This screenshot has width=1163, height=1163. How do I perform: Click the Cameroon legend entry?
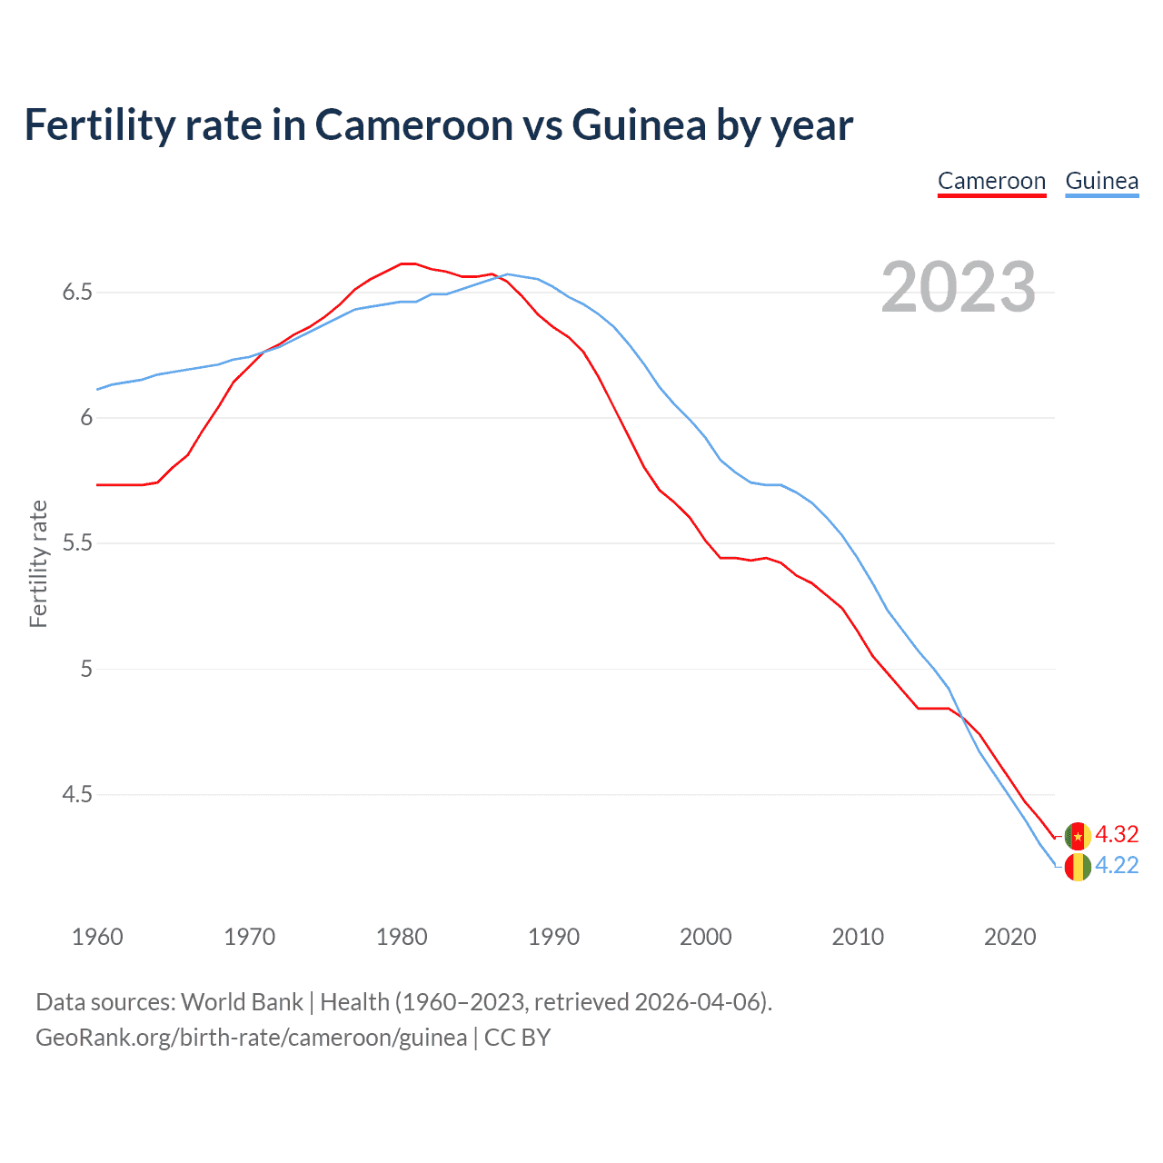[x=991, y=181]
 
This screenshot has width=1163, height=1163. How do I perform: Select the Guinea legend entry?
[x=1101, y=181]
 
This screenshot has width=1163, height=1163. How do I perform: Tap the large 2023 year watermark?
[x=958, y=287]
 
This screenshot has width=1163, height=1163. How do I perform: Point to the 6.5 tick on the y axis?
[x=77, y=293]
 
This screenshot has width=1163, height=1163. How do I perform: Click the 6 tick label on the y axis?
[x=86, y=418]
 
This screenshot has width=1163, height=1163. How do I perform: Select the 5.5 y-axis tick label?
[x=77, y=543]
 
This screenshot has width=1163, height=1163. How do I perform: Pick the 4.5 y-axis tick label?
[x=77, y=795]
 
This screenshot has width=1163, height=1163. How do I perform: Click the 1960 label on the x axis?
[x=97, y=937]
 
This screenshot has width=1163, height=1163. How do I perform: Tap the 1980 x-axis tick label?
[x=402, y=937]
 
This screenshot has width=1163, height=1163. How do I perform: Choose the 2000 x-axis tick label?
[x=705, y=937]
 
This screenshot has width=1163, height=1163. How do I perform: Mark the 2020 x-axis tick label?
[x=1009, y=937]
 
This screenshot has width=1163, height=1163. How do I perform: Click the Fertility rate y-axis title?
[x=38, y=563]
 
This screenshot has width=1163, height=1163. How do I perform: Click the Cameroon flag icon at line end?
[x=1078, y=835]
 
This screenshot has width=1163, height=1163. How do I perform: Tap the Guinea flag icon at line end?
[x=1078, y=867]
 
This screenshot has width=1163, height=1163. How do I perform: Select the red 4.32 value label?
[x=1117, y=834]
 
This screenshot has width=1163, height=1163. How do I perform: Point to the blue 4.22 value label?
[x=1117, y=866]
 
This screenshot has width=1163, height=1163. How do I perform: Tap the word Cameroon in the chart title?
[x=414, y=124]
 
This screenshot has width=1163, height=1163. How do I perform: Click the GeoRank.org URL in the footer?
[x=251, y=1038]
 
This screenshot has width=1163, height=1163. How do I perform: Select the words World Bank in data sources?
[x=242, y=1002]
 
